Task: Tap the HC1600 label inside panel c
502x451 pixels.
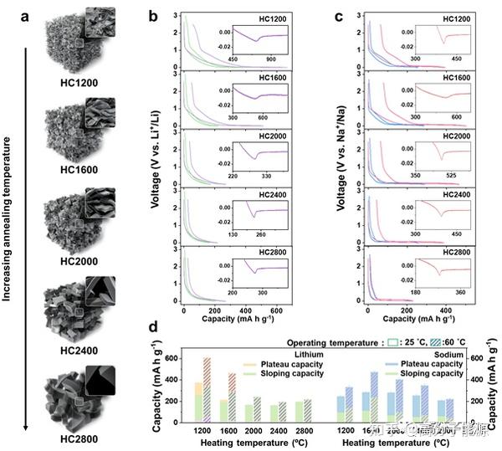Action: (x=458, y=78)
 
